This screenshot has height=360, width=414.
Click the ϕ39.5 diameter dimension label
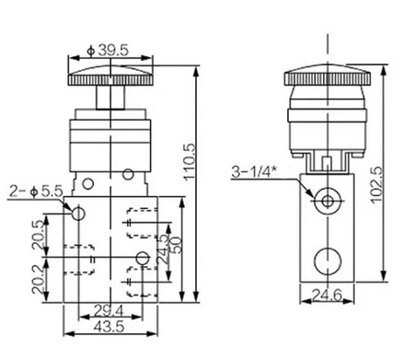(x=108, y=51)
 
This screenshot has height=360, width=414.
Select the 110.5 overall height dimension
(x=190, y=161)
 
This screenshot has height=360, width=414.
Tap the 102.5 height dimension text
(x=376, y=184)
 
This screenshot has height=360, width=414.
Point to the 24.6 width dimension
(x=327, y=296)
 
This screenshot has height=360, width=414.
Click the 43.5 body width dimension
(x=109, y=327)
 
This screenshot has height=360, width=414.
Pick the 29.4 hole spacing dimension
(x=109, y=311)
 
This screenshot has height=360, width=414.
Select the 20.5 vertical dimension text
(x=39, y=235)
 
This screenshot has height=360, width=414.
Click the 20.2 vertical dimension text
(x=39, y=279)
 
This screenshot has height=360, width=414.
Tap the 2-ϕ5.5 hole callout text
(x=36, y=192)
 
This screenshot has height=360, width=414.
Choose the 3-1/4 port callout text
(x=252, y=171)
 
